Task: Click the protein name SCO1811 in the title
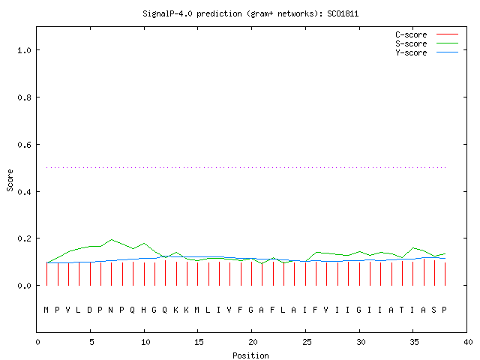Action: (343, 13)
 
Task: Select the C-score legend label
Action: (411, 34)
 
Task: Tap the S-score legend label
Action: (411, 43)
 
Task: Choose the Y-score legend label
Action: (411, 52)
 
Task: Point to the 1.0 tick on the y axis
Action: (25, 50)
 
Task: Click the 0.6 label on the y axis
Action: (25, 145)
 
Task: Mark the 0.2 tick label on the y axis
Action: (25, 238)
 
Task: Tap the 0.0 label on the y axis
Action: (25, 286)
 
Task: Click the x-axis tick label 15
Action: (199, 342)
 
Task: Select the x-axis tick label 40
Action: (468, 342)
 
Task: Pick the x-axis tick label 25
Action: (307, 342)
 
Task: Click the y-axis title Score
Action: (10, 180)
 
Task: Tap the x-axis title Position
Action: (250, 355)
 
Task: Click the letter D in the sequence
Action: (89, 310)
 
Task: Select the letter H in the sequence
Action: (143, 310)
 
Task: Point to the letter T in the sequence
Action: (402, 310)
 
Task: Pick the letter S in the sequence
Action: (433, 310)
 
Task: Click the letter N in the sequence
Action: (111, 310)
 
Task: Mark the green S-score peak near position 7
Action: (112, 239)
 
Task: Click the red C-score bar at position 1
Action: (46, 274)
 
